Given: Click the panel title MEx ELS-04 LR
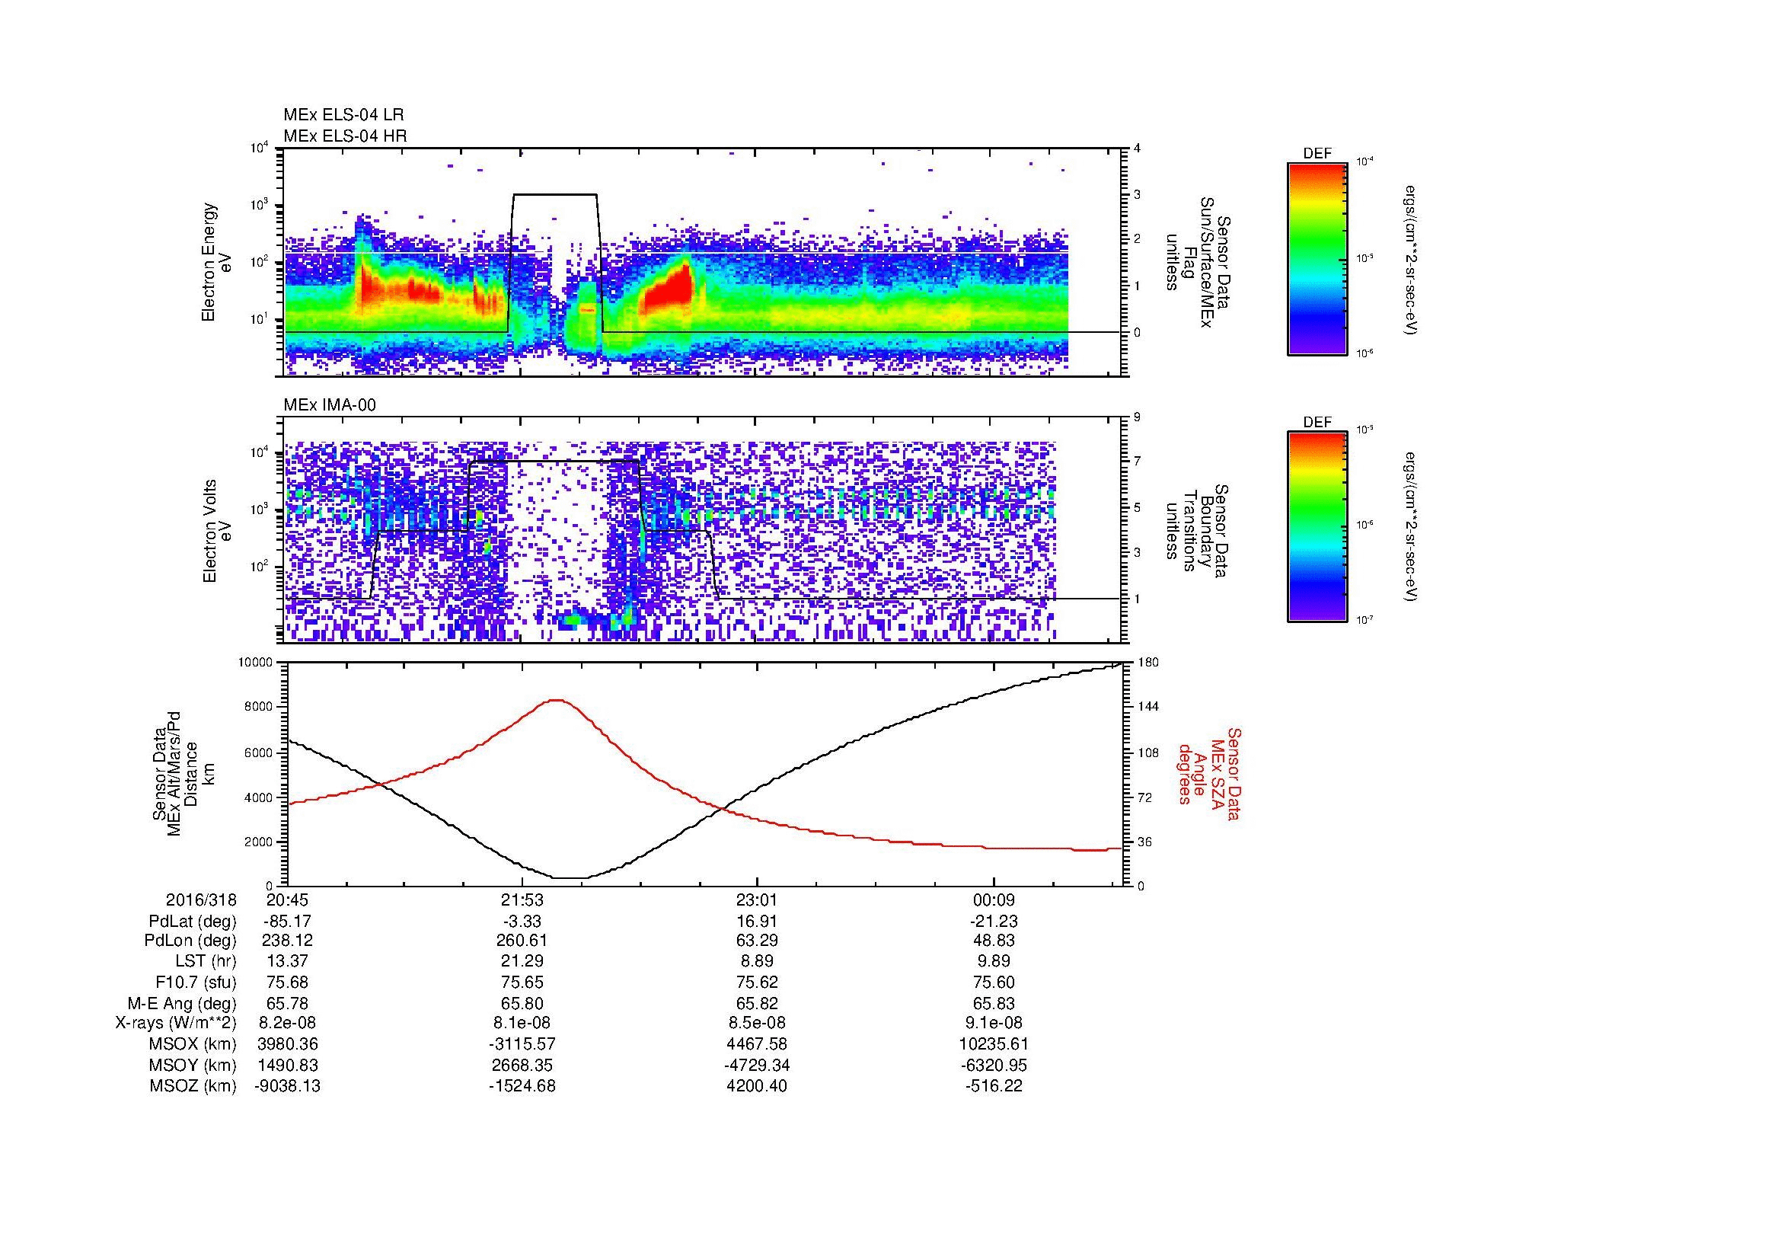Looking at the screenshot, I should pyautogui.click(x=343, y=115).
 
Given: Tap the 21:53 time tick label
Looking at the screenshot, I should pyautogui.click(x=522, y=900).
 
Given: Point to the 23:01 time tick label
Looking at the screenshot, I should pyautogui.click(x=756, y=900).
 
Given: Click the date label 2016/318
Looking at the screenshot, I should pyautogui.click(x=201, y=900).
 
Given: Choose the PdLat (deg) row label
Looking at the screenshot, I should pyautogui.click(x=193, y=921).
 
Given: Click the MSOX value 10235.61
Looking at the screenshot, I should pyautogui.click(x=994, y=1044).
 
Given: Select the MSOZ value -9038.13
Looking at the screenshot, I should pyautogui.click(x=287, y=1086).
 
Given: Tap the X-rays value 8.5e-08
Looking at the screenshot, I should pyautogui.click(x=756, y=1023).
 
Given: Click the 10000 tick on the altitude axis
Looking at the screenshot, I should pyautogui.click(x=257, y=663).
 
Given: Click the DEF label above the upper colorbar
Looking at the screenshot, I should pyautogui.click(x=1317, y=154).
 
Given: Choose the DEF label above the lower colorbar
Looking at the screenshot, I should pyautogui.click(x=1317, y=422).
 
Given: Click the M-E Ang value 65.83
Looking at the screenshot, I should pyautogui.click(x=994, y=1003).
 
